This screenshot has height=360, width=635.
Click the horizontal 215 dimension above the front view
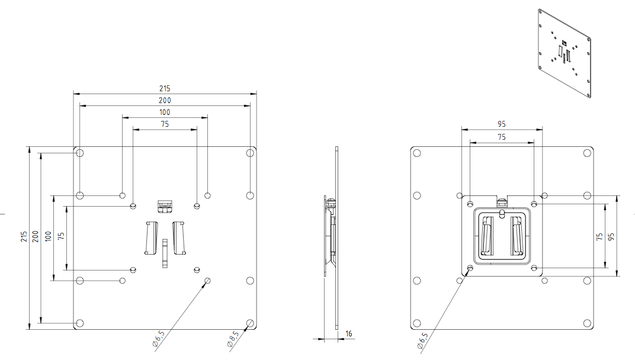coord(165,88)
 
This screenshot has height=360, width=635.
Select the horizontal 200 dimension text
coord(165,101)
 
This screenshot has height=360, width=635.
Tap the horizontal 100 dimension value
coord(165,112)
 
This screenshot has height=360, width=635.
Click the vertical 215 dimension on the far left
coord(24,237)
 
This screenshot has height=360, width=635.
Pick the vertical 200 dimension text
coord(36,237)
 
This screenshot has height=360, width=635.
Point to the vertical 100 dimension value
coord(48,237)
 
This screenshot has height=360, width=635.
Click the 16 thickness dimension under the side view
coord(349,334)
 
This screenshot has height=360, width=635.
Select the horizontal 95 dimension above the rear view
coord(502,124)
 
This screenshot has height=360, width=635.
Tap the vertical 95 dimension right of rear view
coord(611,236)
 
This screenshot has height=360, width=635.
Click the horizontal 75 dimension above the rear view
coord(502,137)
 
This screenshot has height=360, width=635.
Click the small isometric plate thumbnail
coord(565,54)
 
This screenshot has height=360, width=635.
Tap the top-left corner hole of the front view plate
coord(80,153)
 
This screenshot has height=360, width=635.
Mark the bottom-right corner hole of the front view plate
coord(250,323)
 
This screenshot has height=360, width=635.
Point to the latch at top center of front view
coord(164,205)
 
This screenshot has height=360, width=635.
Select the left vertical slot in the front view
coord(150,238)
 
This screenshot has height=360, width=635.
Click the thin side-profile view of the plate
coord(335,237)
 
